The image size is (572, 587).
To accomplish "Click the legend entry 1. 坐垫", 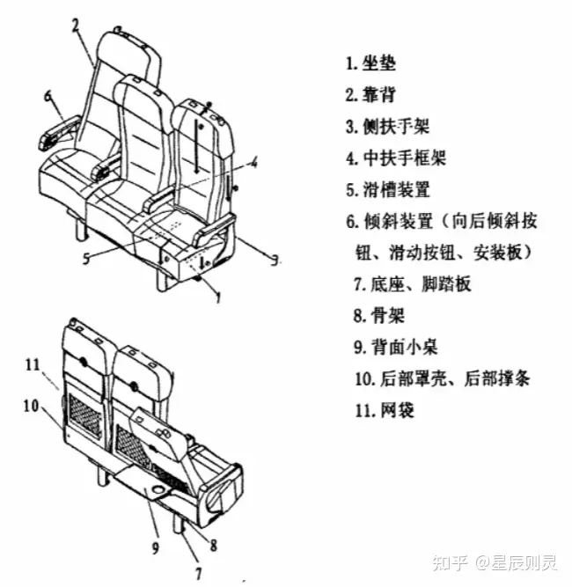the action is (x=370, y=63).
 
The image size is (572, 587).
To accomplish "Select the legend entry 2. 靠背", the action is (x=370, y=95).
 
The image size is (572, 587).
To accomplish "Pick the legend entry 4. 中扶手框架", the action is (x=395, y=158).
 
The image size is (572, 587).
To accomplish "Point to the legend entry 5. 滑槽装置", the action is (x=386, y=189).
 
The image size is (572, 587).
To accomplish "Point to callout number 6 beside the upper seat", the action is (x=48, y=95).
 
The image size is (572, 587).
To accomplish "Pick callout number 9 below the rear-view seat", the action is (x=156, y=548).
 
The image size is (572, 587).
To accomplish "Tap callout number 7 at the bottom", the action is (x=198, y=572).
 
